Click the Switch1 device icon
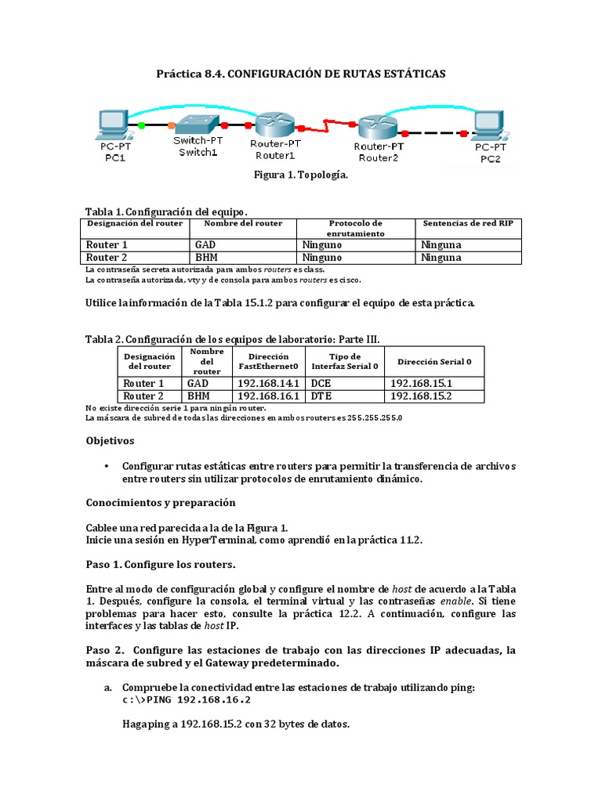tap(195, 124)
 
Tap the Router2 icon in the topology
tap(379, 125)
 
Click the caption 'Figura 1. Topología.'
tap(300, 175)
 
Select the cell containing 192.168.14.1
tap(268, 384)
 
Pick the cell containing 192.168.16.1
tap(268, 396)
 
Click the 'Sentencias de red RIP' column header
tap(467, 223)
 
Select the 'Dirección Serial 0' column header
tap(434, 362)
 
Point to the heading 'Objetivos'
tap(110, 441)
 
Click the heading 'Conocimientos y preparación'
tap(160, 502)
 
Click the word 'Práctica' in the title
tap(180, 74)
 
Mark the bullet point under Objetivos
tap(106, 466)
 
